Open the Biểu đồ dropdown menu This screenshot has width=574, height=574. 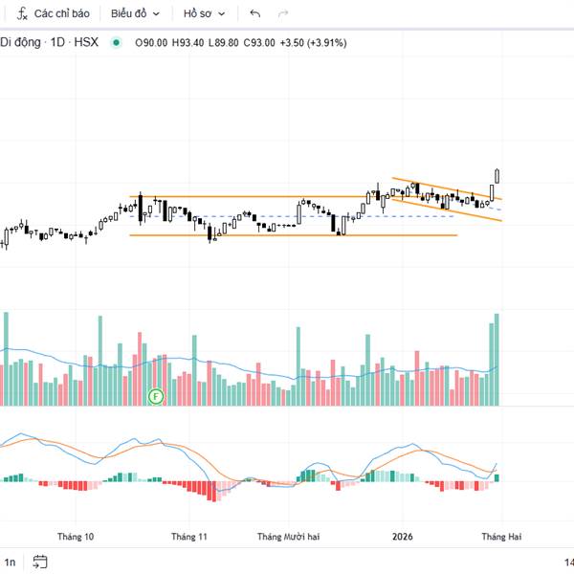[135, 14]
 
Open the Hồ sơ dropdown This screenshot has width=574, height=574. [206, 14]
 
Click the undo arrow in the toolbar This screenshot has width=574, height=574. [254, 14]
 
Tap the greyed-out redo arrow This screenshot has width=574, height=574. [282, 14]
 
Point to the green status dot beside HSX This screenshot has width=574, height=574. [116, 42]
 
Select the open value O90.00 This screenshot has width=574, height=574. [151, 42]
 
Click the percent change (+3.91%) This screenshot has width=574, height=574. [327, 42]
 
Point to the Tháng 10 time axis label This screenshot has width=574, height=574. [76, 537]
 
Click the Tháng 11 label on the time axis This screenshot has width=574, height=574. [189, 537]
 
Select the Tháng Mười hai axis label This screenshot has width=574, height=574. [288, 537]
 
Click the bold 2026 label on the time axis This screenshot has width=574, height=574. [402, 537]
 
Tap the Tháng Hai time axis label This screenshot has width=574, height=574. [500, 537]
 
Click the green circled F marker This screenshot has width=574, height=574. [157, 394]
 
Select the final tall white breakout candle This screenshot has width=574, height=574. [497, 176]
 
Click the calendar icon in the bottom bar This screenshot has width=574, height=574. [39, 562]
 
